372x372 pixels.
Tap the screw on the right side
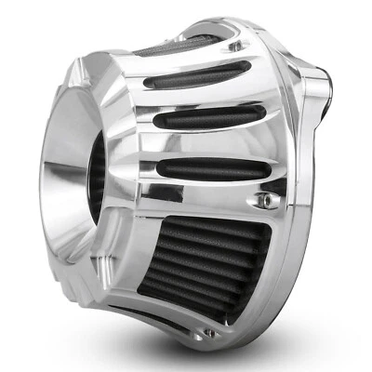tap(267, 200)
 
